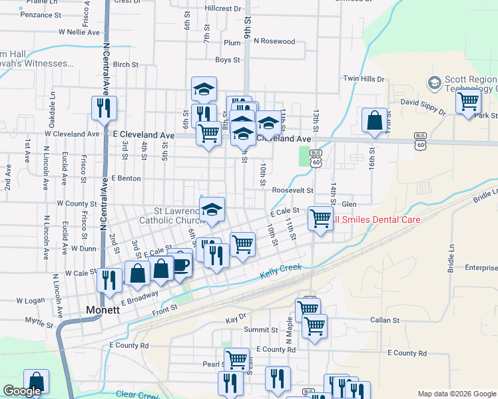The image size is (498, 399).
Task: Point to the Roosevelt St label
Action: coord(292,190)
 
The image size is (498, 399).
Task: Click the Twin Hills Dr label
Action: coord(364,78)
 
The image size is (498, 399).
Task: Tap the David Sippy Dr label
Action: coord(423,102)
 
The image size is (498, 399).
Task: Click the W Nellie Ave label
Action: coord(79,31)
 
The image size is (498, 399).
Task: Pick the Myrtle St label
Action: coord(38,325)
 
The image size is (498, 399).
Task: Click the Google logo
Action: coord(22,391)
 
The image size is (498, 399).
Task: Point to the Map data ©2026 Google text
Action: coord(455,394)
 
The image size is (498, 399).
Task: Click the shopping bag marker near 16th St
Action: coord(374,120)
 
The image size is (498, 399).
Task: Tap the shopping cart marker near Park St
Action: coord(468,101)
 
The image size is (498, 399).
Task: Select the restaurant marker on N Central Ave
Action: coord(103,108)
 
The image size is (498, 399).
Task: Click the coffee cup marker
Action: coord(180,263)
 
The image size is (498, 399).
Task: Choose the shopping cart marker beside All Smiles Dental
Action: coord(321,217)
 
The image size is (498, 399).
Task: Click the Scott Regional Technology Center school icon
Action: coord(435,82)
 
